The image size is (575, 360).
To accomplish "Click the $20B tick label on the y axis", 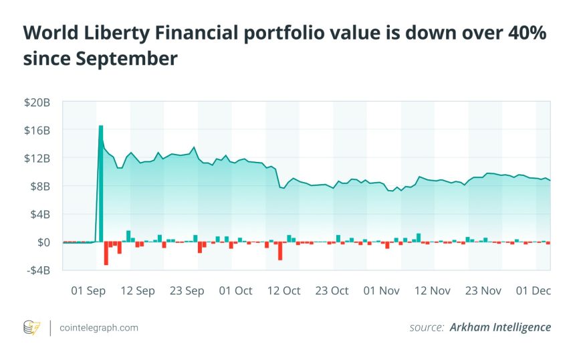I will point(37,102).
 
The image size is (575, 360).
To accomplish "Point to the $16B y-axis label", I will point(37,130).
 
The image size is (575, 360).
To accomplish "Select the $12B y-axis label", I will point(37,158).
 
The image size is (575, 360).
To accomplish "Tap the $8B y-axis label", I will point(40,186).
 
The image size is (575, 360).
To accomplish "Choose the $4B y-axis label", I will point(40,214).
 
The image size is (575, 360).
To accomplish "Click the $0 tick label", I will point(44,242).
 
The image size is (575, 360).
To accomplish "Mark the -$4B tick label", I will point(39,270).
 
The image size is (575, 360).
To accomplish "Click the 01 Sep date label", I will point(88,290).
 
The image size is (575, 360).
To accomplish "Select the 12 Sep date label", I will point(138,290).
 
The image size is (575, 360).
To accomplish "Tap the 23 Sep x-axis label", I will point(187,290).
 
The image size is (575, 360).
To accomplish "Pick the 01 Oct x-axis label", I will point(236,290).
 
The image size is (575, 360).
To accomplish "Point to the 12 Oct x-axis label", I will point(283,290).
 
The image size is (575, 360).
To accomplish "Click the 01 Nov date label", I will point(381,290).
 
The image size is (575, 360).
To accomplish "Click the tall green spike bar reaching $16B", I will point(101,181).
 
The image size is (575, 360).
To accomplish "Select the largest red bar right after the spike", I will point(106,254).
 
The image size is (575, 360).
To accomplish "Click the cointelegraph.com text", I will point(99,327).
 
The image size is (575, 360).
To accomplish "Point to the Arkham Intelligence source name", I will point(500,327).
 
